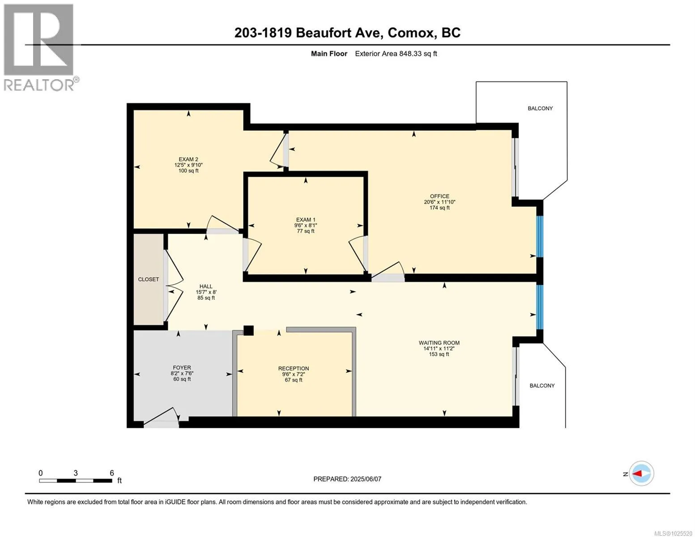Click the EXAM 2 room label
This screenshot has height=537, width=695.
pos(188,159)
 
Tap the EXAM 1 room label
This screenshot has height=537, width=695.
pos(306,220)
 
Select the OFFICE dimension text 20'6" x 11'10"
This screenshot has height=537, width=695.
pos(439,202)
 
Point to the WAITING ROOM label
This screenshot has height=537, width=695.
pos(439,343)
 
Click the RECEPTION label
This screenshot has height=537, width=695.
pos(293,368)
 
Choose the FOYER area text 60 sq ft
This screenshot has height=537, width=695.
pos(182,379)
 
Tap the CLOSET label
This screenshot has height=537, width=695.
pos(149,280)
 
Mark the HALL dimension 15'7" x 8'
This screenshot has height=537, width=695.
pos(206,292)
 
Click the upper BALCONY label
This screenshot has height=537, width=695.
pos(540,108)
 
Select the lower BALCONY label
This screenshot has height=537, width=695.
pos(542,386)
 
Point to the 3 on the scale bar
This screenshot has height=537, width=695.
pos(76,473)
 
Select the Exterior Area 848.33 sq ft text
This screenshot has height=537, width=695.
pos(396,54)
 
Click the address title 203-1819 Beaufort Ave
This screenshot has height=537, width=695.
pos(309,33)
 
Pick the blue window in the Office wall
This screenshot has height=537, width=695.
pos(540,237)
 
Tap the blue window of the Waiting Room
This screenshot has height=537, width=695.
pos(540,307)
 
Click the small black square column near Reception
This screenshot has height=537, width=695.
pos(248,330)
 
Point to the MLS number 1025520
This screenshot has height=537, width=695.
pos(674,533)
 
